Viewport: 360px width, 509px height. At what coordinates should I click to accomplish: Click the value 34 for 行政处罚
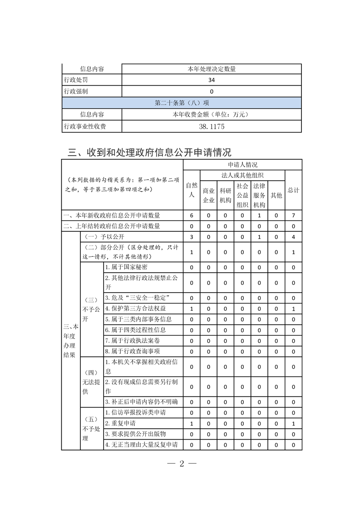click(212, 80)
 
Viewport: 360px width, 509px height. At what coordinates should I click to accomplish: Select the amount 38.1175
click(212, 127)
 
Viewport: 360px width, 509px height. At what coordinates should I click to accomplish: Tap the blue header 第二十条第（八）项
click(182, 103)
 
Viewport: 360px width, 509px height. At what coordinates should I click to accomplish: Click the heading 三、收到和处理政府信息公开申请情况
click(149, 152)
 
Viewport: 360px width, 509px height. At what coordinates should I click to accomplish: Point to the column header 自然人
click(191, 190)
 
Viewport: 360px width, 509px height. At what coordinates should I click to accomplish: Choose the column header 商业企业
click(208, 196)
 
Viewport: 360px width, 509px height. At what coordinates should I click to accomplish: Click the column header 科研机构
click(225, 196)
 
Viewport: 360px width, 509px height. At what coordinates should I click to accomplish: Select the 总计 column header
click(293, 190)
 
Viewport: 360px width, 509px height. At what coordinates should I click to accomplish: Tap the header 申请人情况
click(242, 165)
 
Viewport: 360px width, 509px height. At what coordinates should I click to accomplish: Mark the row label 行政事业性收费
click(85, 127)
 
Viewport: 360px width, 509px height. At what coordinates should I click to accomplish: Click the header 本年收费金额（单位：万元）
click(212, 115)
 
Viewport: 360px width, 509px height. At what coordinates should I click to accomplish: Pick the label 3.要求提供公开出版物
click(135, 434)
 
